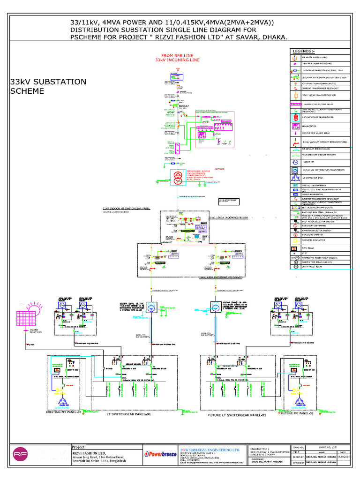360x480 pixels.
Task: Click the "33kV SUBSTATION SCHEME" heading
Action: tap(48, 86)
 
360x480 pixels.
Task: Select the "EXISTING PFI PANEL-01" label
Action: tap(66, 412)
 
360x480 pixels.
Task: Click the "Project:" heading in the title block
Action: tap(78, 447)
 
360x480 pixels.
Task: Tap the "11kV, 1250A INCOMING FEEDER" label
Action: tap(232, 217)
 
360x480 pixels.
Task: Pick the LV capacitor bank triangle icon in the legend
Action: tap(295, 178)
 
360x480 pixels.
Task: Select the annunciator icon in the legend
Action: tap(295, 126)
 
